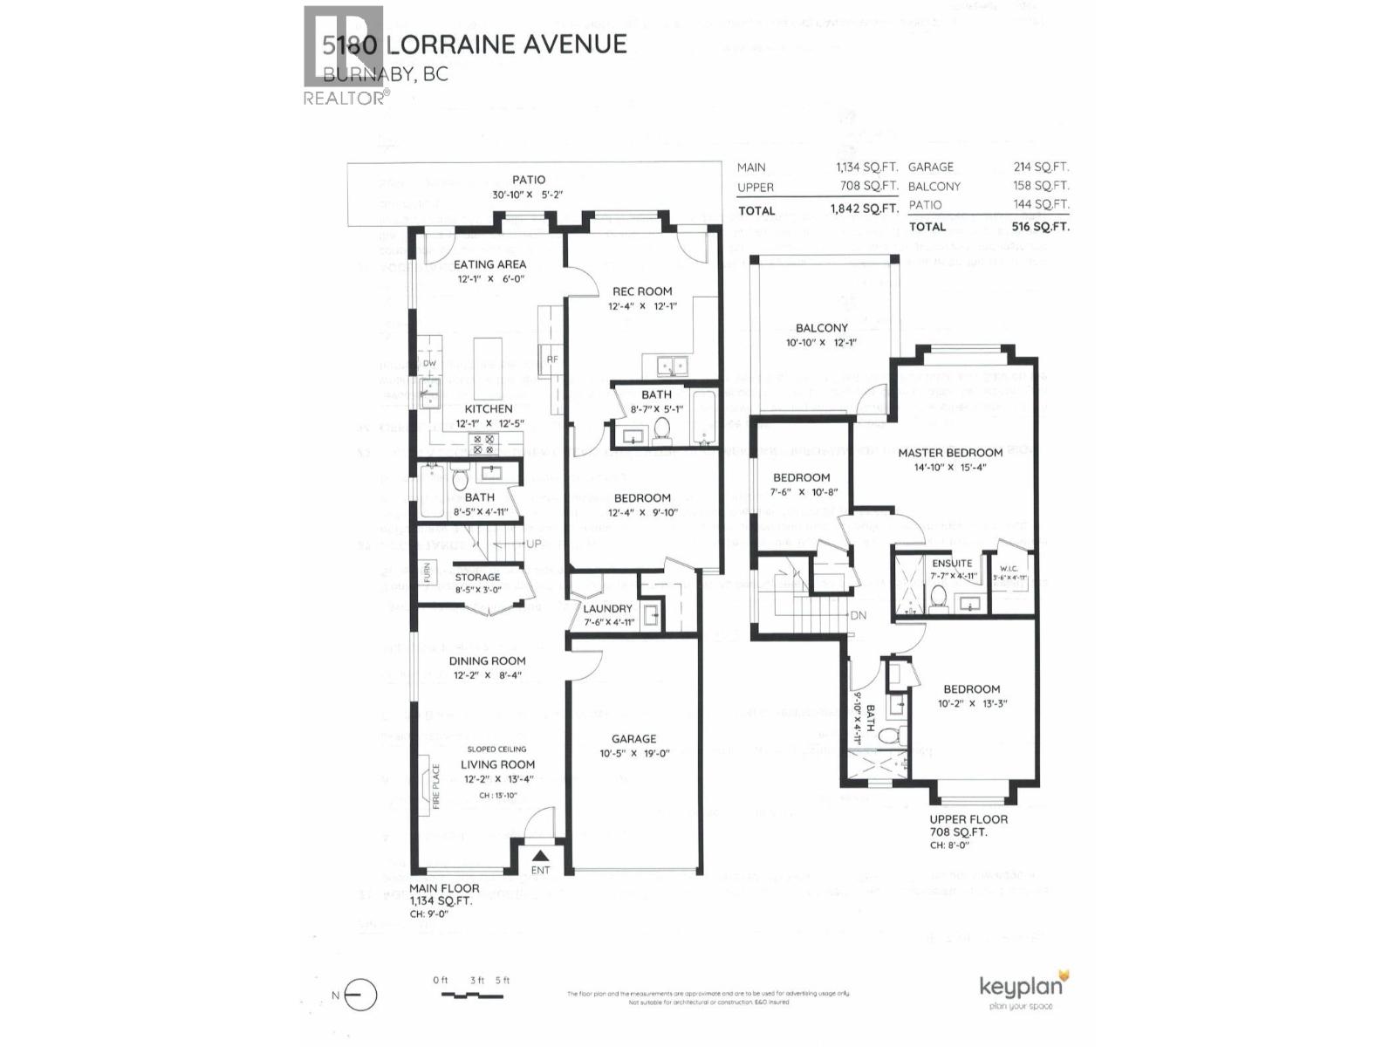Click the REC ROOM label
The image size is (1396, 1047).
641,291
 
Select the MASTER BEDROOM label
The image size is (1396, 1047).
950,452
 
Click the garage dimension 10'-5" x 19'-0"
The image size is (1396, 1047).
633,753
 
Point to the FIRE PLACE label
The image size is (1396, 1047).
436,787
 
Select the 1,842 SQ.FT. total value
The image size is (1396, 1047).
865,209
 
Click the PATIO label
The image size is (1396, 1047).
529,180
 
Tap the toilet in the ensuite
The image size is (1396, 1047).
939,597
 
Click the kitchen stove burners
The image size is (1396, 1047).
482,444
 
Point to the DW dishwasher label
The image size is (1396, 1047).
429,363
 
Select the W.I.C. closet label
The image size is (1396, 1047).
1009,568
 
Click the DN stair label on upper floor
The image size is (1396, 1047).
859,615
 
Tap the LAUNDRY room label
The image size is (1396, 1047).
607,608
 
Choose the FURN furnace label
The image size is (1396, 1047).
428,572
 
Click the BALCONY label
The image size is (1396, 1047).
821,328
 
